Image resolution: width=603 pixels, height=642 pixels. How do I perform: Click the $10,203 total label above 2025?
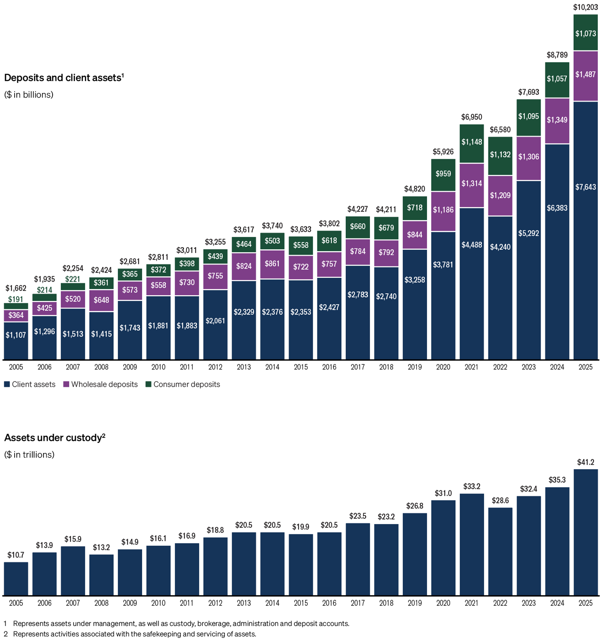[585, 7]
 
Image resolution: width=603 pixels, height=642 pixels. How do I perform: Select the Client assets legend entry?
[30, 385]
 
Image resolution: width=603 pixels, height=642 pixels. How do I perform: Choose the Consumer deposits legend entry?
[183, 385]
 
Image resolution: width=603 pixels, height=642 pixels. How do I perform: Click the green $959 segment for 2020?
[443, 174]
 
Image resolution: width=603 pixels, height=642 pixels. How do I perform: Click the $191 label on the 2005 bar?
[16, 299]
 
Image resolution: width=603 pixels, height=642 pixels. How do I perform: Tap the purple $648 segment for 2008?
[101, 300]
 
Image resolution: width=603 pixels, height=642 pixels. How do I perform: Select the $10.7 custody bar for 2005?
[16, 579]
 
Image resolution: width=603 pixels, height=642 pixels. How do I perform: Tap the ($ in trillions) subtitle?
[29, 455]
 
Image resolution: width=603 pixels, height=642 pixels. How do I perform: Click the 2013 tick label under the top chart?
[244, 367]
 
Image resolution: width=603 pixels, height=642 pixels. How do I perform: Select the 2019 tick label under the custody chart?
[414, 603]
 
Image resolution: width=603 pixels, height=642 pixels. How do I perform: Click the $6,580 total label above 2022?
[500, 130]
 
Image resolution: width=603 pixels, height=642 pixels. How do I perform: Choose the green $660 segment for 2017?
[357, 227]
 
